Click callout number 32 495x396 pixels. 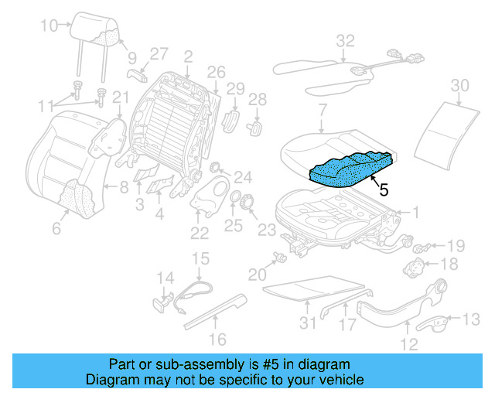(345, 40)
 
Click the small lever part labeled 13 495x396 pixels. (437, 323)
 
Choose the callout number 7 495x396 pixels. (322, 109)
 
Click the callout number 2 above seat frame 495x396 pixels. (187, 56)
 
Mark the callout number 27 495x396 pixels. (159, 53)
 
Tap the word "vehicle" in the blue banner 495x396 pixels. (336, 380)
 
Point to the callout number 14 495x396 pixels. (166, 277)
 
